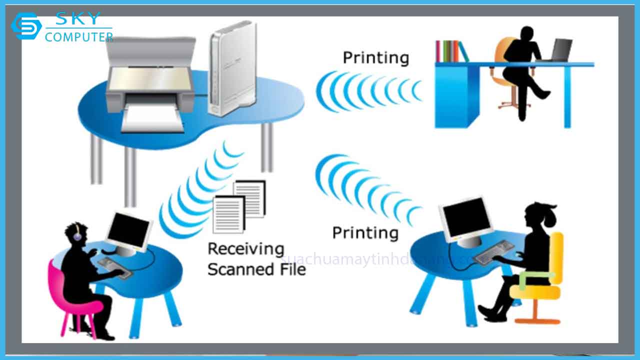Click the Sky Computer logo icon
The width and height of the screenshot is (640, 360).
26,26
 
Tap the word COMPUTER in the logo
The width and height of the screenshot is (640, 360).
79,37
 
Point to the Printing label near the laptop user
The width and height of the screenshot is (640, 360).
375,57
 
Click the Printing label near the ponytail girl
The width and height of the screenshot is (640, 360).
365,232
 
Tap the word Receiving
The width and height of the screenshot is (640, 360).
245,249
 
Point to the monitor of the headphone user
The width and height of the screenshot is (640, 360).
128,231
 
